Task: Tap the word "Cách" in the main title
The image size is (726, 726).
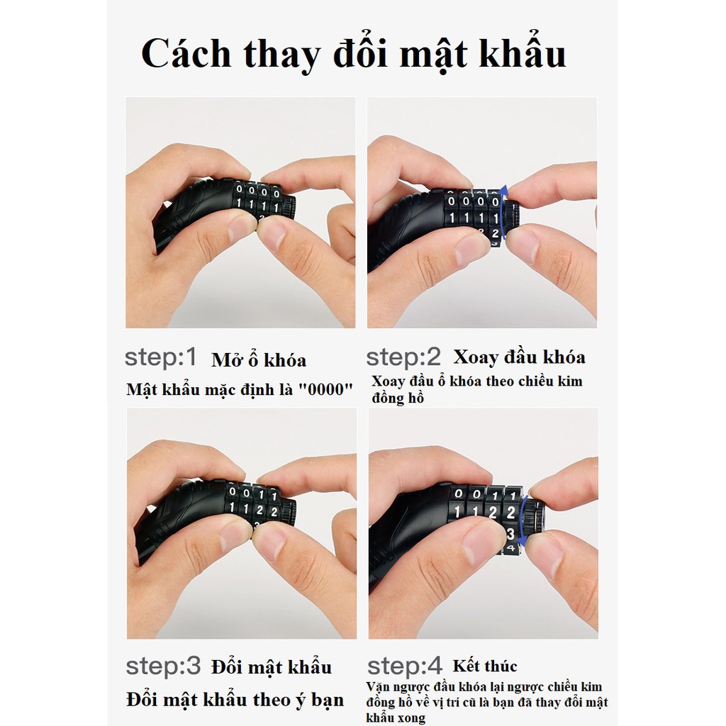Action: click(x=187, y=54)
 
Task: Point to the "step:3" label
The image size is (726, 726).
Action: click(x=163, y=666)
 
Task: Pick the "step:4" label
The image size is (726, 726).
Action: click(x=405, y=666)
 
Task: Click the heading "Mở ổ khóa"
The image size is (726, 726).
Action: click(x=259, y=360)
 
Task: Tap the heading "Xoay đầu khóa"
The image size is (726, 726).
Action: click(x=519, y=357)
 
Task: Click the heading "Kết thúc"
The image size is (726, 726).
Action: click(x=486, y=666)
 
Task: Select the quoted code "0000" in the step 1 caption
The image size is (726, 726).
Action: click(x=326, y=390)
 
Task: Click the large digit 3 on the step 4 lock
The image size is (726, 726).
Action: click(x=511, y=532)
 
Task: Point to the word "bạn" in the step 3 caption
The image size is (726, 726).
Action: click(x=328, y=700)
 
